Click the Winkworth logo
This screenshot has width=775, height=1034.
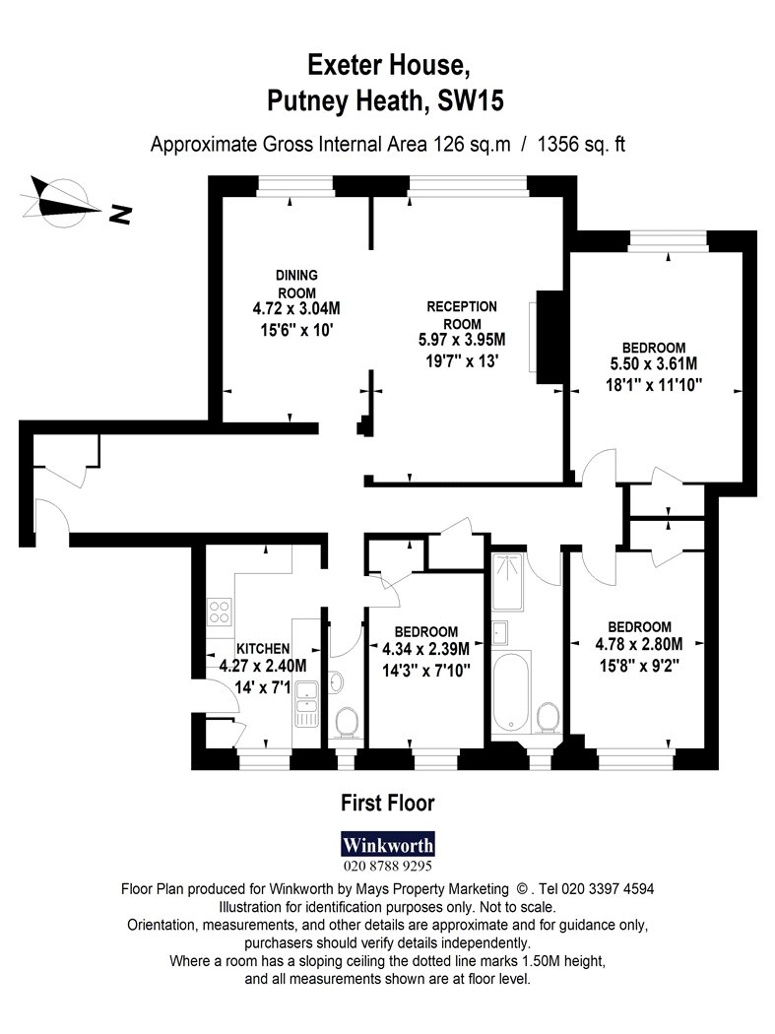click(x=388, y=845)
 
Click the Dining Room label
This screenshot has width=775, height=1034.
click(x=296, y=284)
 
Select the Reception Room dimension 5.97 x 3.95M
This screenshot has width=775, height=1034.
click(x=462, y=340)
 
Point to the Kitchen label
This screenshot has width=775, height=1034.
click(x=263, y=649)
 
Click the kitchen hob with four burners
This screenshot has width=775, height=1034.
click(x=219, y=611)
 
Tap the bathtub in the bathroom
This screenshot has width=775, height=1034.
click(x=511, y=691)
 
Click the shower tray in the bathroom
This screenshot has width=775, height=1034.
click(x=507, y=582)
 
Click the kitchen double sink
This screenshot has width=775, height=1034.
click(x=306, y=704)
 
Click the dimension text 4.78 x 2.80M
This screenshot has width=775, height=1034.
click(x=639, y=644)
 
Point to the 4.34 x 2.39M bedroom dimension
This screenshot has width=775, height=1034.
click(x=426, y=649)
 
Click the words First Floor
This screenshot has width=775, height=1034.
click(x=388, y=804)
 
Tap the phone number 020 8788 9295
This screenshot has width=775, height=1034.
click(x=388, y=866)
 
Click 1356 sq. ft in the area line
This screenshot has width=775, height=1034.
click(x=581, y=144)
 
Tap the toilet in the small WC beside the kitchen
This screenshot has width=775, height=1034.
click(x=347, y=722)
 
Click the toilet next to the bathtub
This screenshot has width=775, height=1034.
click(x=548, y=717)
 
